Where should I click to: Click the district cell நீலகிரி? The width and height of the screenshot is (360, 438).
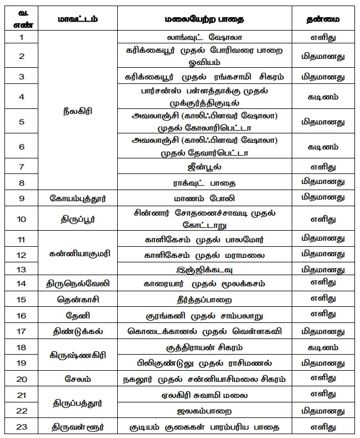(x=78, y=111)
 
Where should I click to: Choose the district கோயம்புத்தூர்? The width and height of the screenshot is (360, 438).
(x=78, y=197)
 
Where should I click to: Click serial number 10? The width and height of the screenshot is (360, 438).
(x=22, y=218)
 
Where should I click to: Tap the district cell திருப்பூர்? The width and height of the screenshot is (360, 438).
(x=78, y=218)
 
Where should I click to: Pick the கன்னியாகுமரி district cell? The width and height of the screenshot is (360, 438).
(x=78, y=254)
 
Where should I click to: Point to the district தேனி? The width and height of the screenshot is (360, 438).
(x=78, y=316)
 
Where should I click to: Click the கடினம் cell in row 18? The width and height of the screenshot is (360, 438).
(x=323, y=347)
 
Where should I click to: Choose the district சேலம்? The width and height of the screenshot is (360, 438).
(x=78, y=379)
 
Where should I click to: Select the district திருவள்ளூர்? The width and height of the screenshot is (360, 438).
(x=78, y=427)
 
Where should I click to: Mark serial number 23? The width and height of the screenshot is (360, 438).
(x=22, y=427)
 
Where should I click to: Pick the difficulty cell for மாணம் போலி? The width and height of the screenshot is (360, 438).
(x=323, y=197)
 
